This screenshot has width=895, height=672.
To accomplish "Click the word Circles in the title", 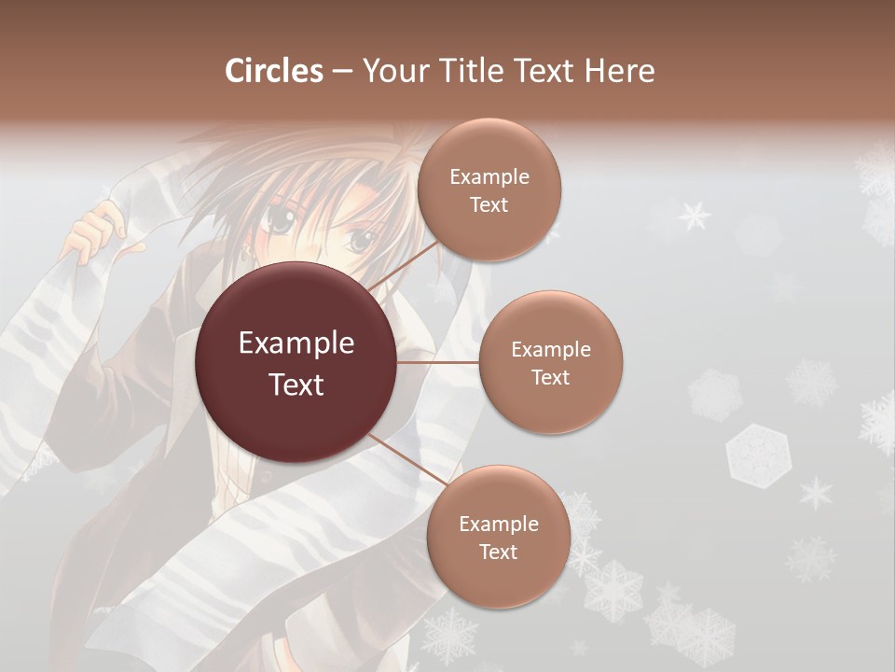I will tap(273, 71).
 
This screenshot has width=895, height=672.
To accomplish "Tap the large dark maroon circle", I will tap(296, 363).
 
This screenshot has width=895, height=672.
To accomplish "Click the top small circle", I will tap(489, 190).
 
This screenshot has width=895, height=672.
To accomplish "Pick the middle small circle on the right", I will tap(550, 363).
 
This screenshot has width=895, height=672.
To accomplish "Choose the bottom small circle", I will tap(498, 538).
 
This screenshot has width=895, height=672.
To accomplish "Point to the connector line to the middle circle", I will tap(438, 362).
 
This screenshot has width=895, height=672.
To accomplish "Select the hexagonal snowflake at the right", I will tap(754, 455).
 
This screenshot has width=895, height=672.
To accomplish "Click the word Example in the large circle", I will tap(296, 343).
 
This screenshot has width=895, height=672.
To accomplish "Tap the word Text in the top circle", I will tap(489, 205).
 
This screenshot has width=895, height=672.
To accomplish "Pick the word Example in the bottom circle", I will tap(498, 524).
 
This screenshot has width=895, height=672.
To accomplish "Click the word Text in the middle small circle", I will tap(550, 378).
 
